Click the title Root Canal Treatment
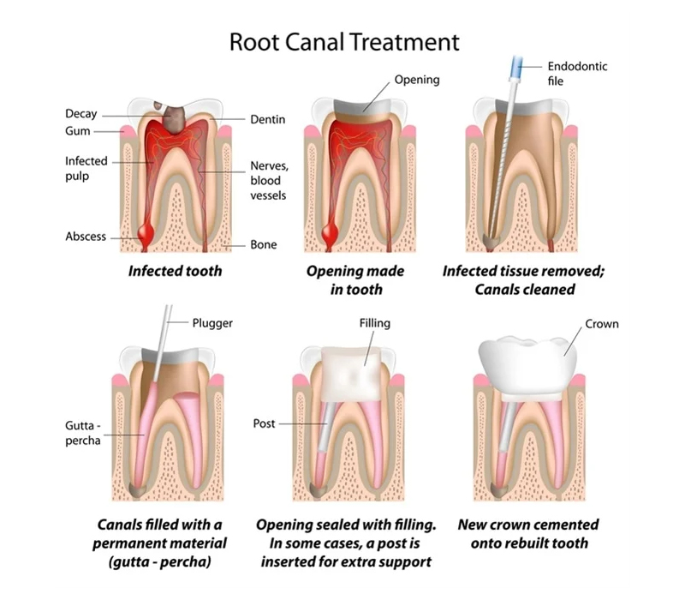click(344, 42)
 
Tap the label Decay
click(80, 114)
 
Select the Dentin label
click(267, 119)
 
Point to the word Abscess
click(86, 237)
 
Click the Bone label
click(264, 244)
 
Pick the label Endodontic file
click(577, 74)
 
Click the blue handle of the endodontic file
click(517, 68)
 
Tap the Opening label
click(417, 80)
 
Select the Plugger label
click(212, 324)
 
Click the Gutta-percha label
click(83, 433)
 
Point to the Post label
click(264, 423)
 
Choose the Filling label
click(375, 324)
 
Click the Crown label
click(602, 324)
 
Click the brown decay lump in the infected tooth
click(174, 119)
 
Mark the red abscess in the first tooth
click(146, 235)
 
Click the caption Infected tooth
click(176, 271)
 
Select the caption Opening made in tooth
click(355, 280)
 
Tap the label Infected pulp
click(86, 168)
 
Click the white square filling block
click(352, 375)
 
